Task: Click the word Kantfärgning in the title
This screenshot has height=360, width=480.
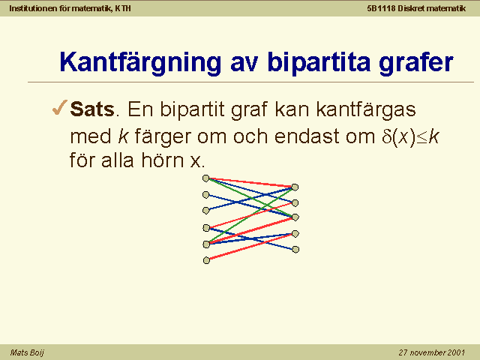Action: pyautogui.click(x=140, y=63)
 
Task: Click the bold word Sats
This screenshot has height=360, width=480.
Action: pyautogui.click(x=92, y=109)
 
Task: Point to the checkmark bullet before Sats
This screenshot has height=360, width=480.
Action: pyautogui.click(x=60, y=108)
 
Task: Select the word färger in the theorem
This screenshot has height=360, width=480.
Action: pyautogui.click(x=163, y=137)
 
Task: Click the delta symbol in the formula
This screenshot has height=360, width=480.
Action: pyautogui.click(x=386, y=136)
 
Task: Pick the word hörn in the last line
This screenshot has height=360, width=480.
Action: pyautogui.click(x=162, y=160)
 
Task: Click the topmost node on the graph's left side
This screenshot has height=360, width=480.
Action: pyautogui.click(x=206, y=178)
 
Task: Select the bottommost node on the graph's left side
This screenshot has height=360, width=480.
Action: pyautogui.click(x=207, y=260)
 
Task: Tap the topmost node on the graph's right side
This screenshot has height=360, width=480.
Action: pyautogui.click(x=295, y=187)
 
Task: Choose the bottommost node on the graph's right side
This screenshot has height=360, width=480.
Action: pyautogui.click(x=295, y=250)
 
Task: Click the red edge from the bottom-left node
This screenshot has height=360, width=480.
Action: pyautogui.click(x=251, y=247)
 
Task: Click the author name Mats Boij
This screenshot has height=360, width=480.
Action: pyautogui.click(x=27, y=352)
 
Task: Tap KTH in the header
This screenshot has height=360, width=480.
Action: pyautogui.click(x=123, y=8)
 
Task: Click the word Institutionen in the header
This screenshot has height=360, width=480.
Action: pyautogui.click(x=33, y=8)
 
